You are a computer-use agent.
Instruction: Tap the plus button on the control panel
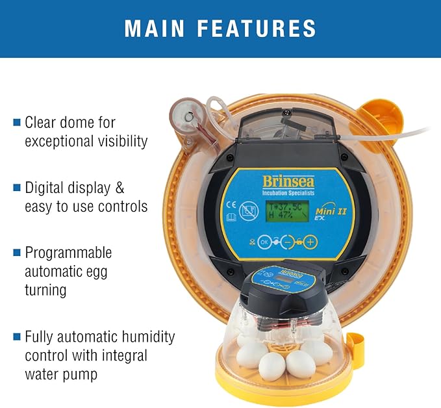click(x=311, y=242)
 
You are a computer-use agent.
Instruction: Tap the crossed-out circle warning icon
click(x=247, y=210)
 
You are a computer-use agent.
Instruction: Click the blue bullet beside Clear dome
click(x=17, y=121)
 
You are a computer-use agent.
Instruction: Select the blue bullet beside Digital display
click(x=17, y=188)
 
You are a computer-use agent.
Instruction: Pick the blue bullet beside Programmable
click(x=17, y=252)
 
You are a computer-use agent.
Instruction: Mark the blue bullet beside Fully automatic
click(x=17, y=337)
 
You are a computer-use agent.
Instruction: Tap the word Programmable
click(x=68, y=252)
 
